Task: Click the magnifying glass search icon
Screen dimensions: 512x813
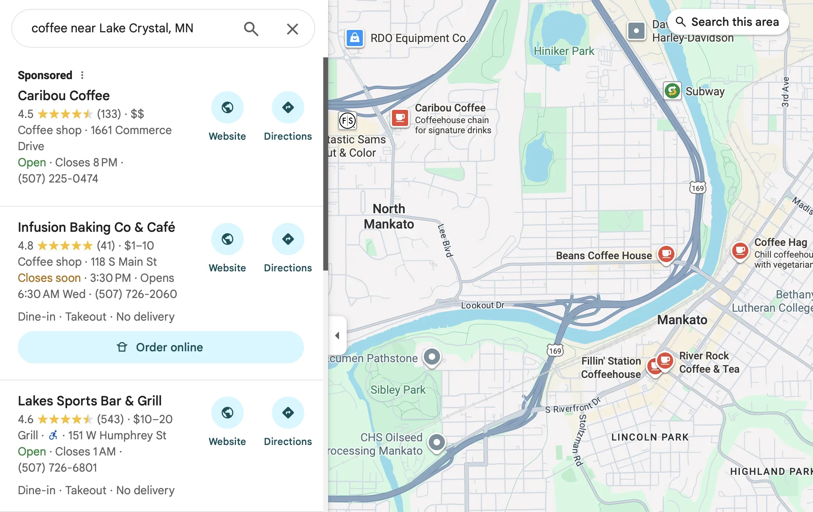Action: [251, 29]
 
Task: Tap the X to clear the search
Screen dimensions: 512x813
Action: [292, 29]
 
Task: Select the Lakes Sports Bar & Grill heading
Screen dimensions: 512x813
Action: [90, 401]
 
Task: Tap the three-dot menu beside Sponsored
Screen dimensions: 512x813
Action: [82, 75]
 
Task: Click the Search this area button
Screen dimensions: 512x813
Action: [728, 22]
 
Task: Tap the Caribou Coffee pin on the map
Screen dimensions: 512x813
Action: [400, 118]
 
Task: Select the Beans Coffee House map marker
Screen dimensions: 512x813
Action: [666, 254]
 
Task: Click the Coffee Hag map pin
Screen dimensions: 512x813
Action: [740, 251]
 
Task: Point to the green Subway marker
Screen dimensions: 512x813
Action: [672, 91]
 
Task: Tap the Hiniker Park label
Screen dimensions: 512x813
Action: [564, 51]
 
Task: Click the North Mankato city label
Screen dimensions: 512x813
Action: [389, 216]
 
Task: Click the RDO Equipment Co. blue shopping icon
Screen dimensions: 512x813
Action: [354, 38]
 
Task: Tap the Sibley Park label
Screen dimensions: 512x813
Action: [398, 390]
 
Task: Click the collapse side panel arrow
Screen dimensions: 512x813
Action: [337, 336]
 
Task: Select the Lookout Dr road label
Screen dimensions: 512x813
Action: [482, 305]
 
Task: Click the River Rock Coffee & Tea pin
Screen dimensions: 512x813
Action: [665, 360]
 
